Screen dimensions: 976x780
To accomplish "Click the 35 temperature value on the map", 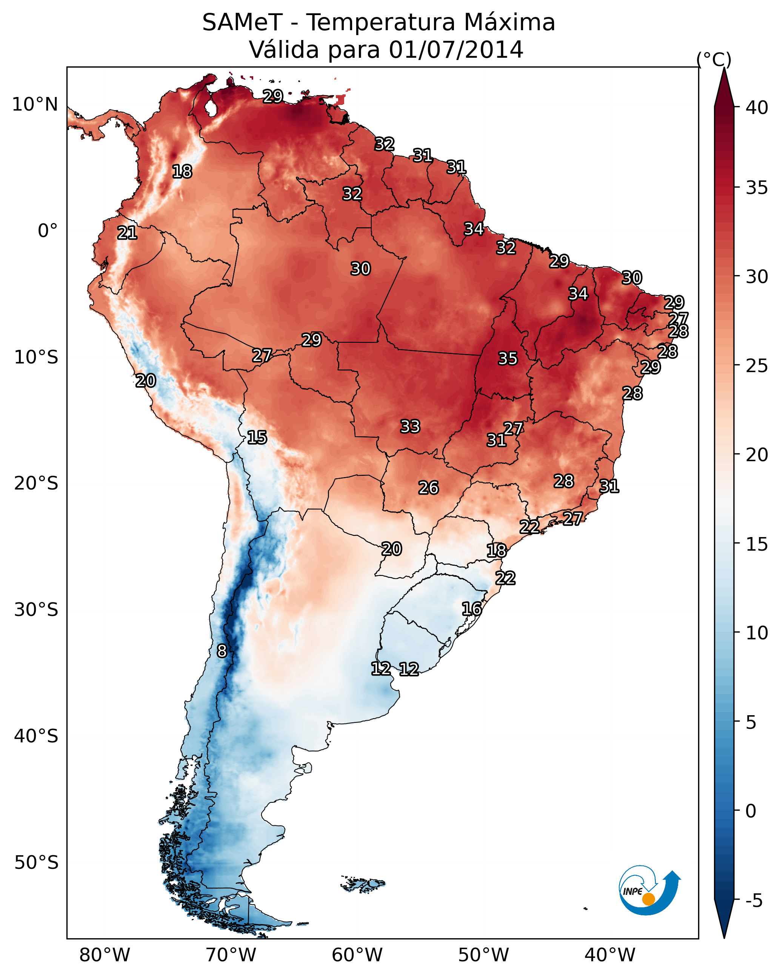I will tap(508, 359).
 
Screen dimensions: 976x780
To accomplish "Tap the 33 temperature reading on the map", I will tap(410, 426).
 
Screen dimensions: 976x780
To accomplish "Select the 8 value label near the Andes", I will tap(222, 651).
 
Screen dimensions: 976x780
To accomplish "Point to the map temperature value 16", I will tap(472, 609).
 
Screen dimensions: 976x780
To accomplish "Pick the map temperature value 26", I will tap(428, 488).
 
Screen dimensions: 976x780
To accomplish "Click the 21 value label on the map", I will tap(127, 233).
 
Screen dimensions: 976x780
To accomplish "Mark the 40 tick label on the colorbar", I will tap(757, 108).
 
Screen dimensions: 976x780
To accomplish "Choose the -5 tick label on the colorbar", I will tap(754, 901).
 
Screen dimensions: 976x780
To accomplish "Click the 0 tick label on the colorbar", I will tap(751, 811).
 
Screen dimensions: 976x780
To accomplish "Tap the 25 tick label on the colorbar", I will tap(757, 366).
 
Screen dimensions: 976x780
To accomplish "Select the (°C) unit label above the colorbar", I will tap(714, 59).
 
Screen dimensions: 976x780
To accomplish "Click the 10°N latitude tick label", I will tap(35, 105).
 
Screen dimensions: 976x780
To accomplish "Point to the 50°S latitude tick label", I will tap(36, 863).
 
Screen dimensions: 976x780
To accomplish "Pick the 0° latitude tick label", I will tap(48, 231).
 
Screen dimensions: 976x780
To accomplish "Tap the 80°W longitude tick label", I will tap(105, 955).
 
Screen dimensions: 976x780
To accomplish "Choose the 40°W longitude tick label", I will tap(610, 955).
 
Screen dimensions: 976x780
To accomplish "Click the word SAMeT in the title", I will tap(242, 23).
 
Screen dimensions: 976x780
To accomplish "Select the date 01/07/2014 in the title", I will tap(456, 50).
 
